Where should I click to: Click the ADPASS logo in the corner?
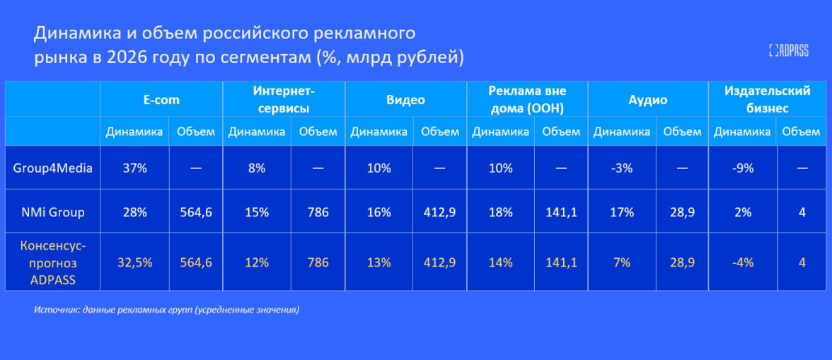click(788, 50)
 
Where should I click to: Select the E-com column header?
click(161, 100)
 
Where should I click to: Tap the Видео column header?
click(406, 100)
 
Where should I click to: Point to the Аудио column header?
click(648, 100)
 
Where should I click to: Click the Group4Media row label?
click(52, 168)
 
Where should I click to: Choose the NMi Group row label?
click(52, 213)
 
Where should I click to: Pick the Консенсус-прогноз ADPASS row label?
click(52, 262)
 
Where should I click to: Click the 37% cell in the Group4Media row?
click(134, 168)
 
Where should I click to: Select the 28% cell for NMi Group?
click(134, 213)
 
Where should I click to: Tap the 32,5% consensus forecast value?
click(134, 262)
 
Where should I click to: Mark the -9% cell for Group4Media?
click(743, 168)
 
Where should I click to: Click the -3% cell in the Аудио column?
click(621, 168)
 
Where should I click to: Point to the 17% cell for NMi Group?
click(621, 213)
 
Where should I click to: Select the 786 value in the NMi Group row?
click(318, 213)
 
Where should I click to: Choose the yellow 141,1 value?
click(562, 262)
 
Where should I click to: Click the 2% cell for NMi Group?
click(743, 213)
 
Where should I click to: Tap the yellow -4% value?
click(743, 262)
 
